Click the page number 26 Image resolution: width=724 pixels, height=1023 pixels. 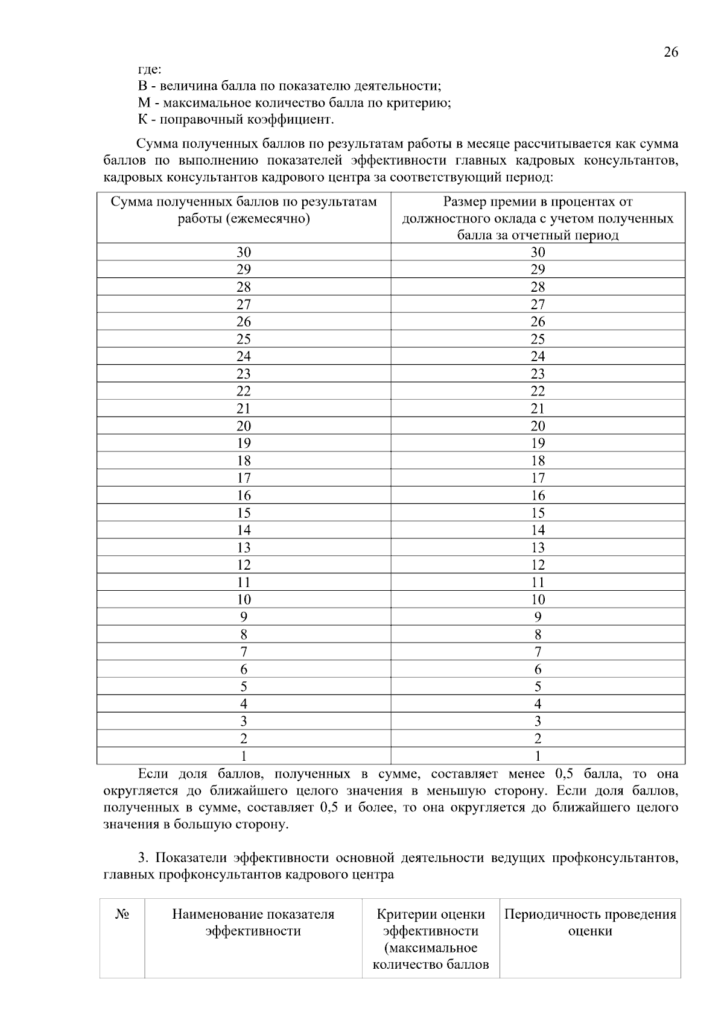[x=670, y=52]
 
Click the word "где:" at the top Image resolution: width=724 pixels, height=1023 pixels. [x=150, y=69]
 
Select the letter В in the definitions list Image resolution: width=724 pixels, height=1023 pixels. [x=143, y=86]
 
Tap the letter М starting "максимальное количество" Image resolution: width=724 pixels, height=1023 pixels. [x=144, y=102]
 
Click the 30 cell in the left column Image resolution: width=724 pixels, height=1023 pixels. [x=244, y=252]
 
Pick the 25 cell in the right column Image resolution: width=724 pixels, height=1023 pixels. [x=538, y=339]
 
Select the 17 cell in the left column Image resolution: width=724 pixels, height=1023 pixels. [x=244, y=478]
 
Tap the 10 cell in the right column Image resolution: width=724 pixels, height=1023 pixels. [x=538, y=600]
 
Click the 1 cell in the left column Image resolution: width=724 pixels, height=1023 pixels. [x=244, y=756]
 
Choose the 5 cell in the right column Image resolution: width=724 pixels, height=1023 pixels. [x=538, y=687]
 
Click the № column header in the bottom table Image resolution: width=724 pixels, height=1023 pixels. [x=122, y=914]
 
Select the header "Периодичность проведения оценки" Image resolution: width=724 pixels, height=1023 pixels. [x=590, y=922]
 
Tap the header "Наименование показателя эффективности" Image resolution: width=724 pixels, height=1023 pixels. [x=253, y=922]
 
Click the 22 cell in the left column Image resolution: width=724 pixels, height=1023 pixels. [x=244, y=391]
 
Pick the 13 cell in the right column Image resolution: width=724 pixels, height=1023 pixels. [x=538, y=547]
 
